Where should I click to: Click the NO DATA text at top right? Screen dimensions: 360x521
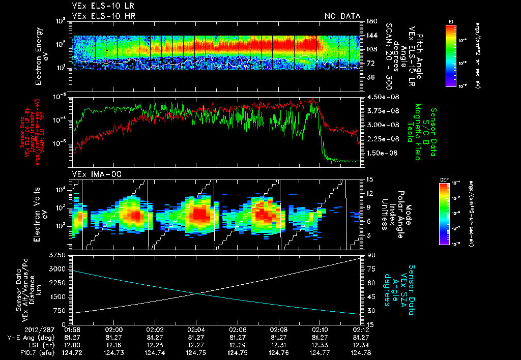click(342, 16)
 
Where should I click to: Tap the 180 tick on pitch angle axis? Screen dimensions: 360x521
click(370, 21)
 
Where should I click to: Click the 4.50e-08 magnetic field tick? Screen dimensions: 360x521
click(379, 97)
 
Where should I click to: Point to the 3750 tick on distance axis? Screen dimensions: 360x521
click(60, 254)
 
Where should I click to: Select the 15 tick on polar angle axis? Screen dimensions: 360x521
click(369, 179)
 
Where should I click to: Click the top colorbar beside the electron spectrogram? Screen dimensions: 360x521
click(450, 53)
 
